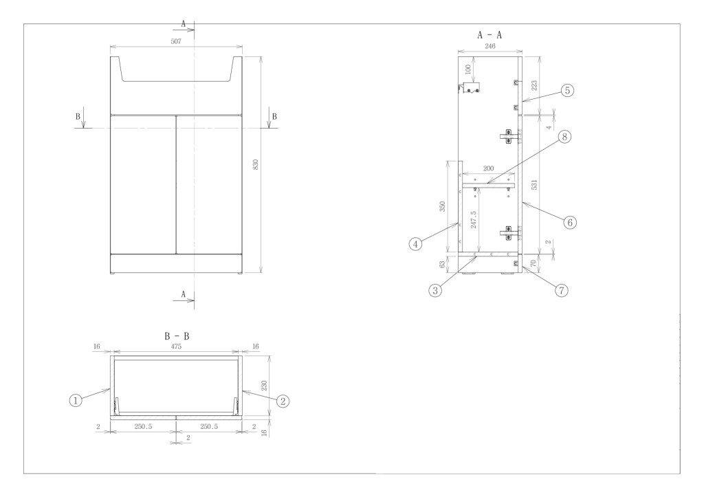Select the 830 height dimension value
(255, 165)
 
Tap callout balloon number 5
(566, 90)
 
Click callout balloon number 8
(564, 137)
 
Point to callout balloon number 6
(570, 222)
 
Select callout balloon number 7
(561, 290)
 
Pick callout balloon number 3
(434, 290)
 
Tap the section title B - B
(176, 337)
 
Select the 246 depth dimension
(490, 47)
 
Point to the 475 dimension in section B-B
(177, 349)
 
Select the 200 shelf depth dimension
(489, 168)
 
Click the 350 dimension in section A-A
(443, 206)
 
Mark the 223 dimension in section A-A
(533, 85)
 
